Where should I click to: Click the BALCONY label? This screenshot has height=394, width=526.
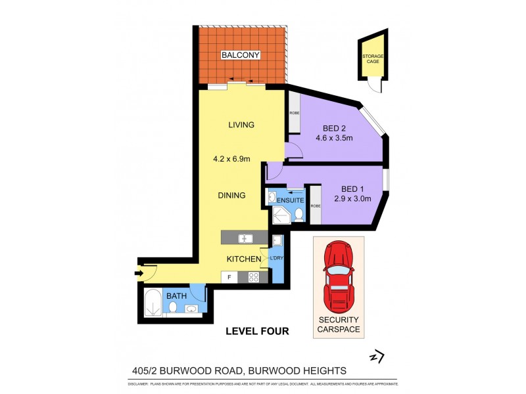(x=241, y=55)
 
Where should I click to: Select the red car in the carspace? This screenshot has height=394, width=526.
(x=338, y=276)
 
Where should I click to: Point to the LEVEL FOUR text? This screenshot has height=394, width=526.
(x=257, y=331)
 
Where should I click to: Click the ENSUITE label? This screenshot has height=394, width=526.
(x=289, y=200)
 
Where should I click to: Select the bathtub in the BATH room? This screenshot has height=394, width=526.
(x=153, y=303)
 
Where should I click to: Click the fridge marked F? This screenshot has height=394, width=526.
(x=229, y=278)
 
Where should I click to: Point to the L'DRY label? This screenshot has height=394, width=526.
(x=277, y=258)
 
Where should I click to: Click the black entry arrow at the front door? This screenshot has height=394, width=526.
(x=139, y=273)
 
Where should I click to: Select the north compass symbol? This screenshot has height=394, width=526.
(x=376, y=357)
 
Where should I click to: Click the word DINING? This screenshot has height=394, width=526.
(x=232, y=195)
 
